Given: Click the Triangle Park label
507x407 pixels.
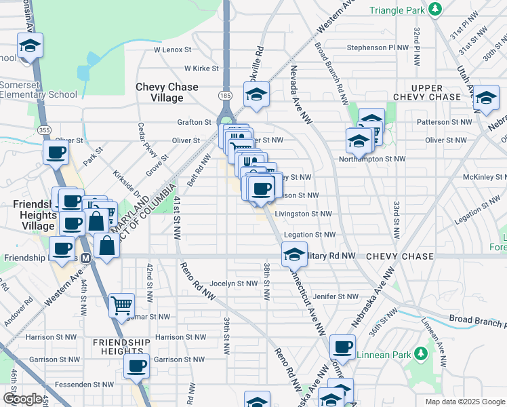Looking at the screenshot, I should pos(397,10).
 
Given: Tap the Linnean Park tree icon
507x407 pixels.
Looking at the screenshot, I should pos(420,353).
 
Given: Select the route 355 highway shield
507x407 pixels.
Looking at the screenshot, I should pos(44,130).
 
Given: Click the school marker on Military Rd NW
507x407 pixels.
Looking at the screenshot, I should pos(294,254).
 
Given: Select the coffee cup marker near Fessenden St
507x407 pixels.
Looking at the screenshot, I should pos(137,366).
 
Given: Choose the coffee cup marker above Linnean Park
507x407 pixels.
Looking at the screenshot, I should pos(343,347).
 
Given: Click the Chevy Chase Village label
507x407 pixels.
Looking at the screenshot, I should pos(167,92).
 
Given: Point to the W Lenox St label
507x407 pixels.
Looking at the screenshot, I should pos(173,50).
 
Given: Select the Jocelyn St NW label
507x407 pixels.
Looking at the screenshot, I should pos(234,284).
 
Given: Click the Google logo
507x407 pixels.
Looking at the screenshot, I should pos(22,399).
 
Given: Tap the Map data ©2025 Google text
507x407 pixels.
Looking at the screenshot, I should pos(464,402).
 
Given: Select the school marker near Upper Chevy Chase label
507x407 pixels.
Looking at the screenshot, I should pos(486,97).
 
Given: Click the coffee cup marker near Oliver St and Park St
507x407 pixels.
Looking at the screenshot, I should pos(56,152).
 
